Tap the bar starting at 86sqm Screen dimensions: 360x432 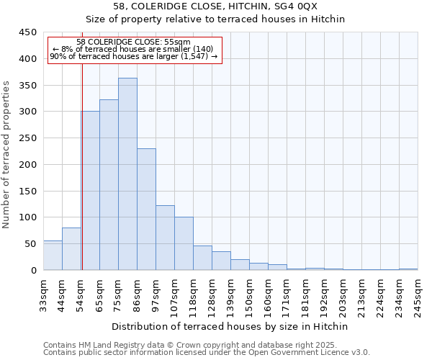point(146,210)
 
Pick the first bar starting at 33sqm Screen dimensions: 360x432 point(53,256)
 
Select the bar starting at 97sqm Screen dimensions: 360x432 point(165,238)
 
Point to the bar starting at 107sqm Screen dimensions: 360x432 point(184,243)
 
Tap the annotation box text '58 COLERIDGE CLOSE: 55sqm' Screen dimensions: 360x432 point(133,42)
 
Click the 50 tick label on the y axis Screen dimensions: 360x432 point(30,244)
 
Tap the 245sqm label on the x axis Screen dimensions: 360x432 point(418,295)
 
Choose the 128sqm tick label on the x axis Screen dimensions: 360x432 point(212,295)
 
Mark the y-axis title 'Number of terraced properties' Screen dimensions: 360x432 point(7,155)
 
